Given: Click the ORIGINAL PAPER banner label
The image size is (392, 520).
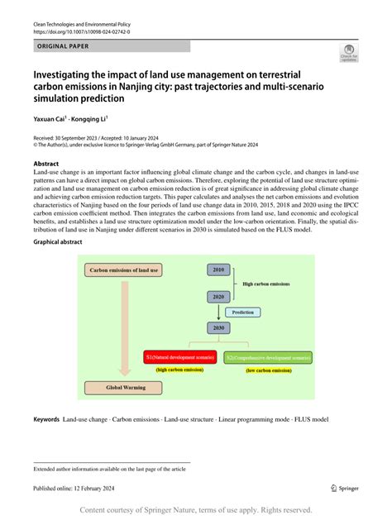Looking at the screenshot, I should point(65,48).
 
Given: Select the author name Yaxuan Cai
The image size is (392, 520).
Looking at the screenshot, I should point(55,120).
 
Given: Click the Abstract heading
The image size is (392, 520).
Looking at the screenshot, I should point(48,164).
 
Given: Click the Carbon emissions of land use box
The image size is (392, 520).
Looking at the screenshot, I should point(127,270).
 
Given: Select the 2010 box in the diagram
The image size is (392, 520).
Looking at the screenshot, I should point(219,270).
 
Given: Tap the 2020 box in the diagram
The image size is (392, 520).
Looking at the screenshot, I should point(219,296).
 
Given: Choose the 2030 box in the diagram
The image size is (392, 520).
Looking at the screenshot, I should point(219,327).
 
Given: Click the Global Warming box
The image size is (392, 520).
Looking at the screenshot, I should point(127,386).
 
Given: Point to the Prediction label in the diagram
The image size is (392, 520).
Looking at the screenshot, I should point(242,312).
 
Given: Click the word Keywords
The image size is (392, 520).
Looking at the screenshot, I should point(45,420).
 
